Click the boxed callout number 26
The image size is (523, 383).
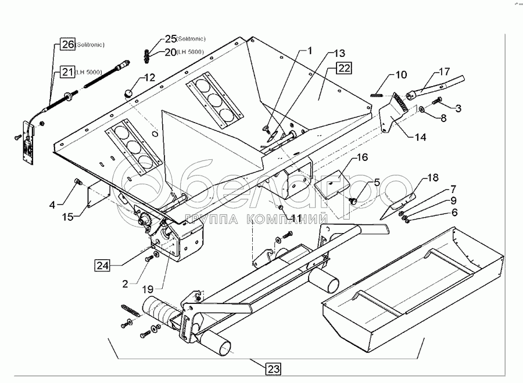click(67, 44)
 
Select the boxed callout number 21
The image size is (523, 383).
click(67, 72)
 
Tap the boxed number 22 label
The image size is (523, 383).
click(344, 69)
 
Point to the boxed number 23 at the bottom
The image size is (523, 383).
click(273, 367)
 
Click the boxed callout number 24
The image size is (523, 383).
click(102, 265)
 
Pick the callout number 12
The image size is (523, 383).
click(150, 77)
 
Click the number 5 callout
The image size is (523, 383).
click(377, 182)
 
